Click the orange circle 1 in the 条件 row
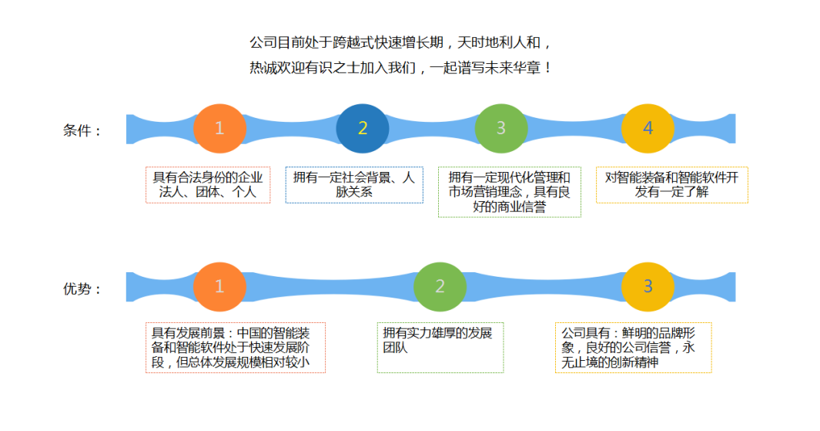click(219, 129)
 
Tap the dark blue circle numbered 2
click(362, 129)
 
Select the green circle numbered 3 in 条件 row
click(500, 129)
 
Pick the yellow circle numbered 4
click(648, 129)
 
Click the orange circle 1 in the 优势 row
click(219, 287)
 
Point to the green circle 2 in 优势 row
click(440, 287)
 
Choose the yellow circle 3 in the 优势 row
click(648, 287)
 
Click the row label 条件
click(81, 131)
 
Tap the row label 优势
click(81, 289)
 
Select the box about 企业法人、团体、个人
click(208, 185)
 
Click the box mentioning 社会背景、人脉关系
click(354, 185)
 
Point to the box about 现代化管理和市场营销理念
click(510, 192)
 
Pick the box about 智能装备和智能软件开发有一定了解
click(671, 185)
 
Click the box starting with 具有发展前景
click(236, 348)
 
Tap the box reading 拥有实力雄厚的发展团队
click(440, 348)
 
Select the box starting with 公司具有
click(633, 348)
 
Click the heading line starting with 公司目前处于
click(400, 42)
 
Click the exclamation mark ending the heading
click(547, 68)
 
